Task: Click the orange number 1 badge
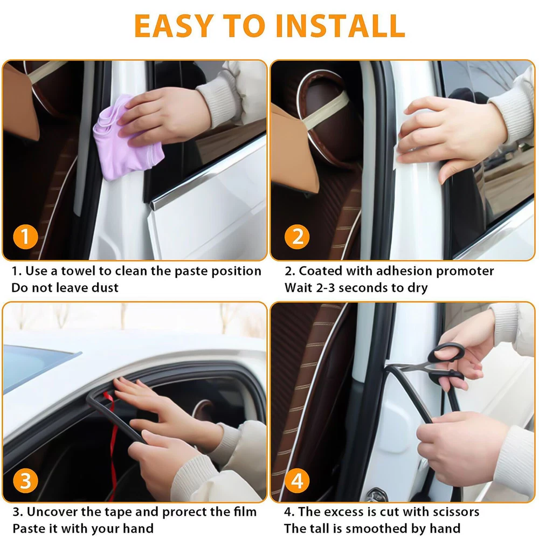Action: [25, 237]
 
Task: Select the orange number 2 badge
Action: [297, 237]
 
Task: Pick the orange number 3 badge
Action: [25, 481]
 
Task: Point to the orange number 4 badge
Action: [297, 481]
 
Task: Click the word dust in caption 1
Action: [105, 287]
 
